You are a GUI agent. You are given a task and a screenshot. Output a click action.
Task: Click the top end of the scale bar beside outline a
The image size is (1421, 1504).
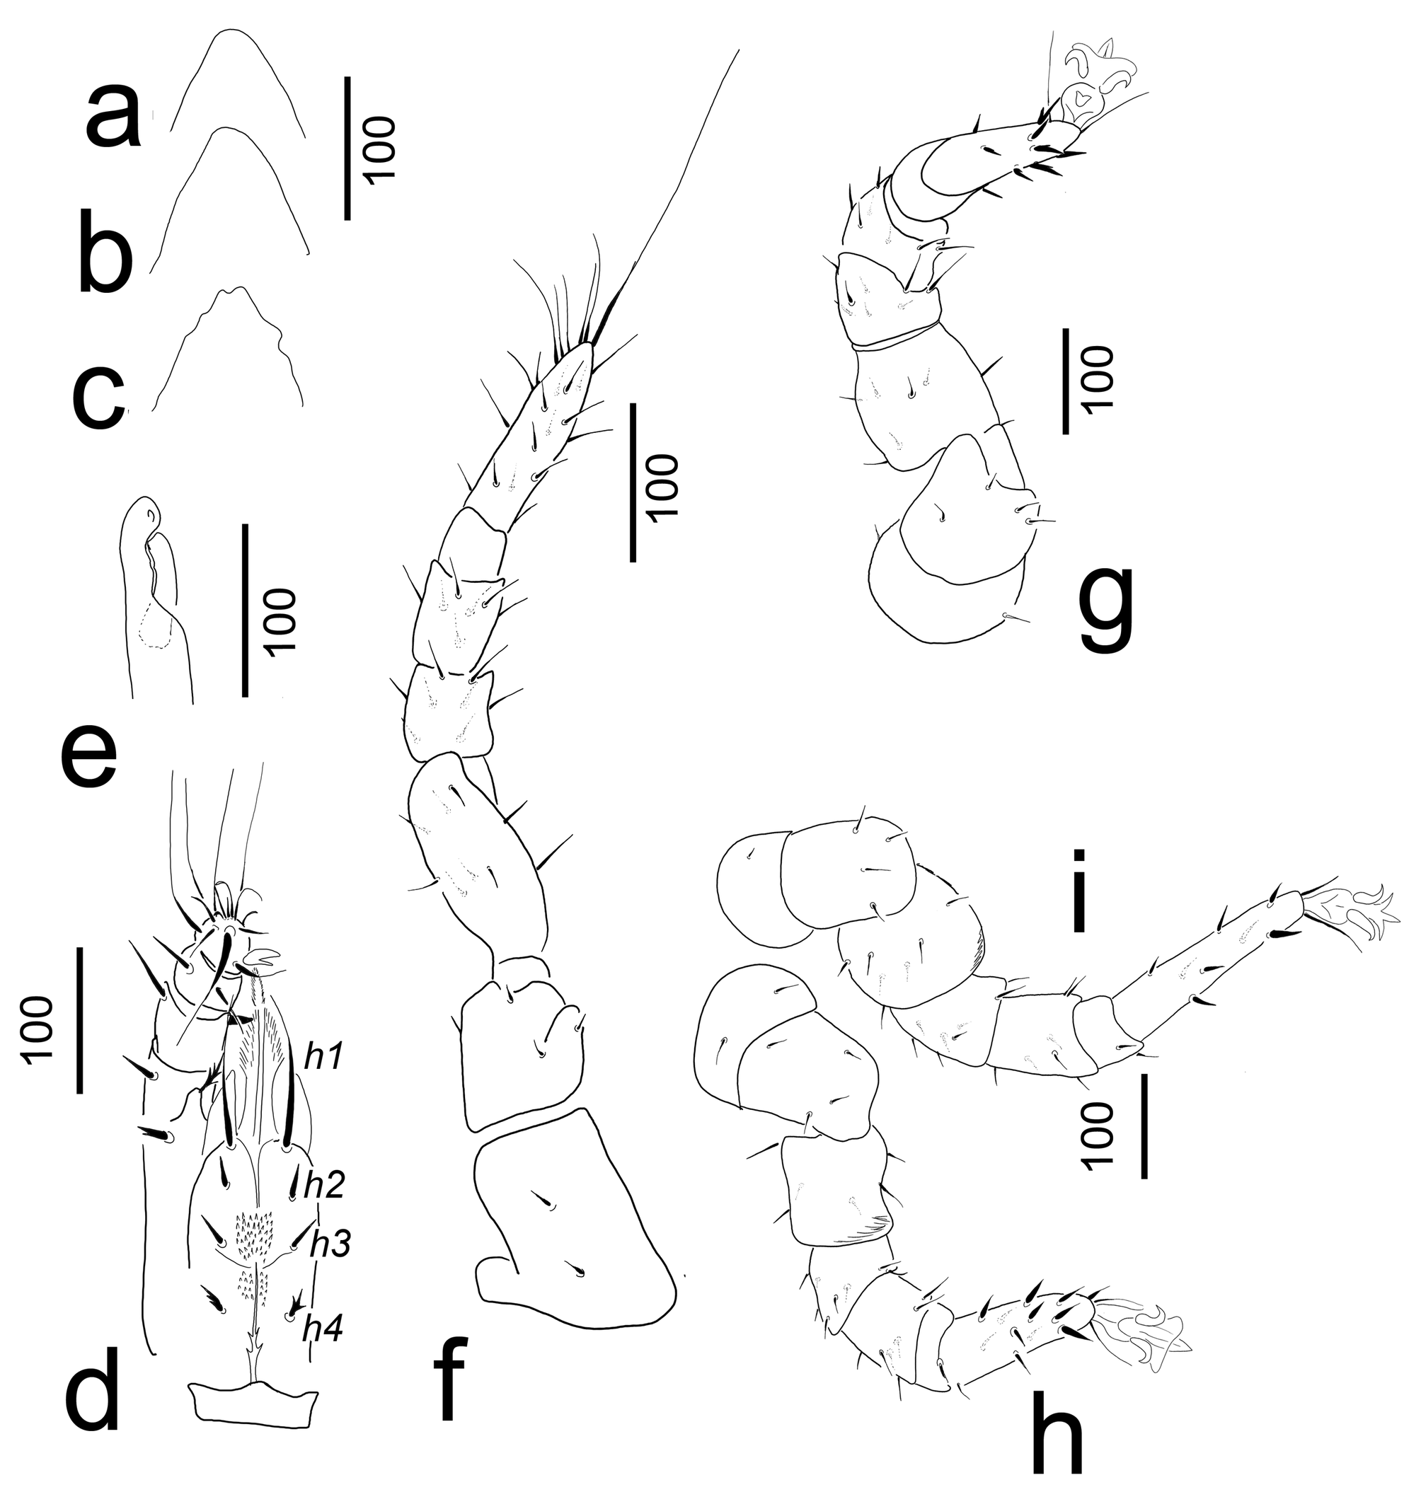(x=347, y=76)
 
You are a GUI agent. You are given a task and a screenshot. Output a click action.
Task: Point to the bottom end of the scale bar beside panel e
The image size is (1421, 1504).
(x=245, y=695)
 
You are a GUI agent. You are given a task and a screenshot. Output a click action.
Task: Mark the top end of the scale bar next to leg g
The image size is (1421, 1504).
(x=1066, y=329)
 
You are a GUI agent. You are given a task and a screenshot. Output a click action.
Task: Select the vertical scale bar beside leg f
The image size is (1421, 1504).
(x=633, y=482)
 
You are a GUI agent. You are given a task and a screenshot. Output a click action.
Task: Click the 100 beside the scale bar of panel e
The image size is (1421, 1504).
(x=282, y=620)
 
